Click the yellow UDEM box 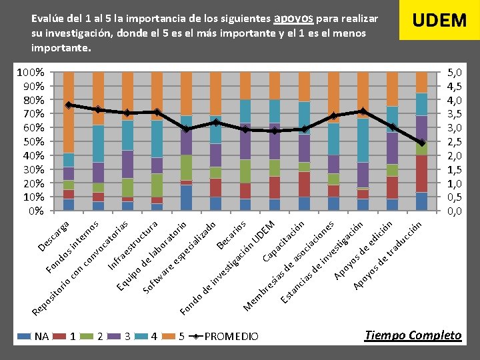439,21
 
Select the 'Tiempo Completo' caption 413,335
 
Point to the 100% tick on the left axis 31,72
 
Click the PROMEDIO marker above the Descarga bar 68,105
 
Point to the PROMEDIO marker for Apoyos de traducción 421,143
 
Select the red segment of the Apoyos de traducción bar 421,173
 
